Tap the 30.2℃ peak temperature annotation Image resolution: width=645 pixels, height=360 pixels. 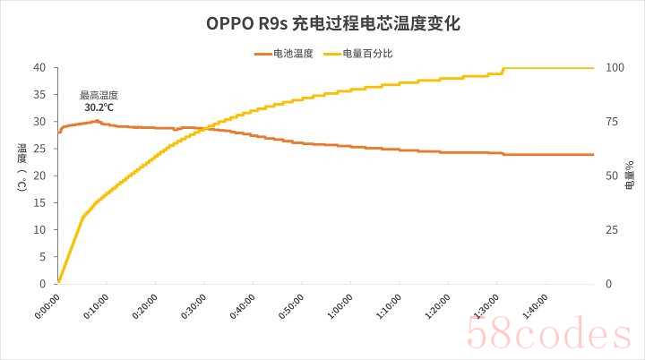(99, 107)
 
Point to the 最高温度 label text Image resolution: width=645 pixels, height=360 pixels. (99, 95)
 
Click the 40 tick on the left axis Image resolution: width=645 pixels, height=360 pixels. (39, 67)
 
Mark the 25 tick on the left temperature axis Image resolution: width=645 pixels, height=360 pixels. (39, 149)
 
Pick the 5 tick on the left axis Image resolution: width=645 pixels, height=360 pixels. (42, 257)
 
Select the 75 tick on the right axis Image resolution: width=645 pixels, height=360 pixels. (612, 122)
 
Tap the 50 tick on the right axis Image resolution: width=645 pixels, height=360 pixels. (612, 176)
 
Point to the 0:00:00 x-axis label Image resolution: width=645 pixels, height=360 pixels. (47, 304)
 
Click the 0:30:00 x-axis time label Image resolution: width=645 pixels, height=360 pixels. (193, 304)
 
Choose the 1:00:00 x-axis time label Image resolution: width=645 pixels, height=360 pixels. (340, 304)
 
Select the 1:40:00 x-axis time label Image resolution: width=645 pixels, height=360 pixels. (535, 304)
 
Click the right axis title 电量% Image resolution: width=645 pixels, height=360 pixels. (630, 176)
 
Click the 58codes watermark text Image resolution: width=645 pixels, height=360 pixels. (548, 333)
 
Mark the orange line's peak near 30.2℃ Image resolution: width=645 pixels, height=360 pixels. (97, 120)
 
